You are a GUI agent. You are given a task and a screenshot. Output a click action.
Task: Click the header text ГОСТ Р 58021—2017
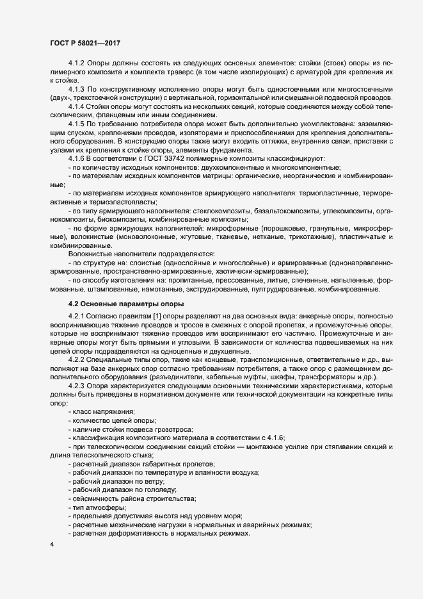84,43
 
